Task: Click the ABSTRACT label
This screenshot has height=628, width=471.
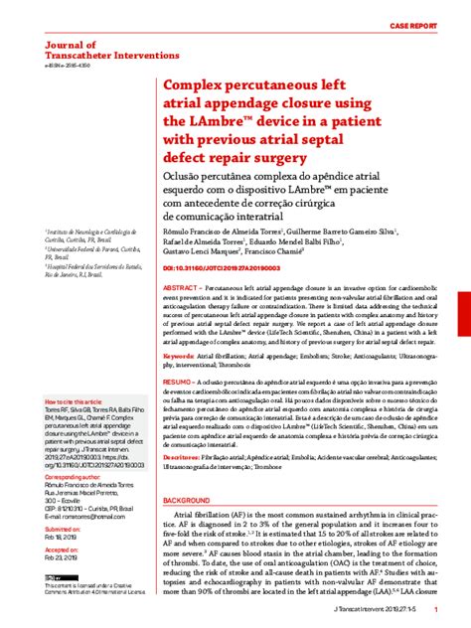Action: coord(184,286)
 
